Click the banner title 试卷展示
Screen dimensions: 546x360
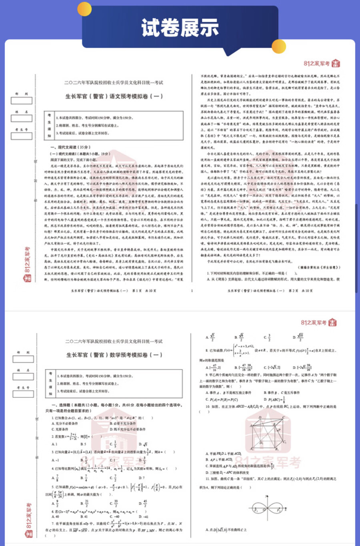[x=180, y=28]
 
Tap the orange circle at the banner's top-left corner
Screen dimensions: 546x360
[x=84, y=8]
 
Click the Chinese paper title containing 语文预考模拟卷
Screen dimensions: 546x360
[x=114, y=96]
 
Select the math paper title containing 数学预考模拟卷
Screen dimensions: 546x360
[x=114, y=355]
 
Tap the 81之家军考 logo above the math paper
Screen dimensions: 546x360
[x=319, y=323]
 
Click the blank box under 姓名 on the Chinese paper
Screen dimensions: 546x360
[x=22, y=118]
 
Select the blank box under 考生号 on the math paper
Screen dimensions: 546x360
[x=23, y=394]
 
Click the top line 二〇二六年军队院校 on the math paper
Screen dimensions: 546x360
[x=114, y=341]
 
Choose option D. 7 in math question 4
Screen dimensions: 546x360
[x=142, y=478]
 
